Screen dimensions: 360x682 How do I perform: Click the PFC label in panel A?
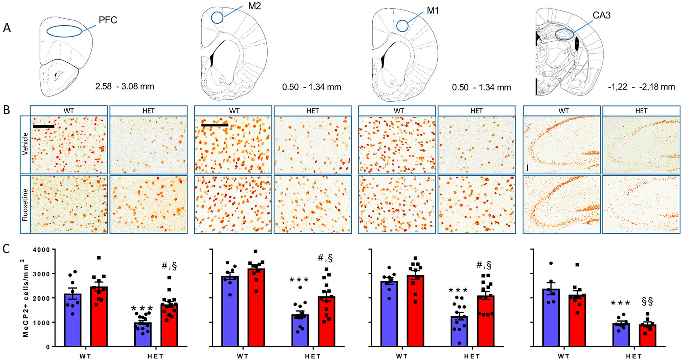pos(108,20)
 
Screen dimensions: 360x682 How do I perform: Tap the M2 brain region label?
pos(254,6)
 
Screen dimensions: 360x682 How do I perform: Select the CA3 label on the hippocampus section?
pos(601,15)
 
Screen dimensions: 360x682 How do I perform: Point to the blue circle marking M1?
pos(402,25)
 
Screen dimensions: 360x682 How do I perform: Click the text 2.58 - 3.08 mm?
pos(124,86)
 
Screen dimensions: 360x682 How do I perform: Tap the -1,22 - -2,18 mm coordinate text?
pos(641,87)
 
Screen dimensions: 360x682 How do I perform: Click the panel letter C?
pos(6,249)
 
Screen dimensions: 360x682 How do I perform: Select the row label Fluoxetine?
pos(25,204)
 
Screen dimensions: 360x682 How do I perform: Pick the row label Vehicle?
pos(25,144)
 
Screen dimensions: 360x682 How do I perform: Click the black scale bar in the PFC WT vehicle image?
pos(43,126)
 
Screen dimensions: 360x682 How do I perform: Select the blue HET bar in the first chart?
pos(143,334)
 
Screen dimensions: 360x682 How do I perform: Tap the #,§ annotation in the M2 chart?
pos(325,258)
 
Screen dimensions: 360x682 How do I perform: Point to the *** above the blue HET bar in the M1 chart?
pos(458,291)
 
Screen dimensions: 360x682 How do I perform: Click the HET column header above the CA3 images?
pos(641,111)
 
